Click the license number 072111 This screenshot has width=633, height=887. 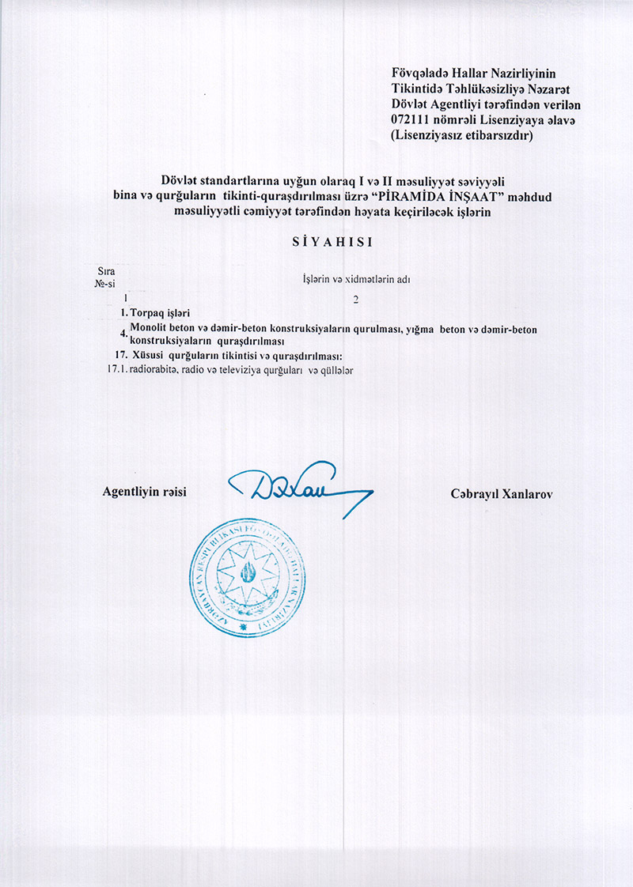click(410, 119)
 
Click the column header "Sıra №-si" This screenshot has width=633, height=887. click(104, 277)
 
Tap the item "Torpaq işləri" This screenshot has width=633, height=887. click(160, 313)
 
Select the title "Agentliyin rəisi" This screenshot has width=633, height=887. click(144, 491)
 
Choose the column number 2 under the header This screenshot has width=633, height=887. click(356, 299)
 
